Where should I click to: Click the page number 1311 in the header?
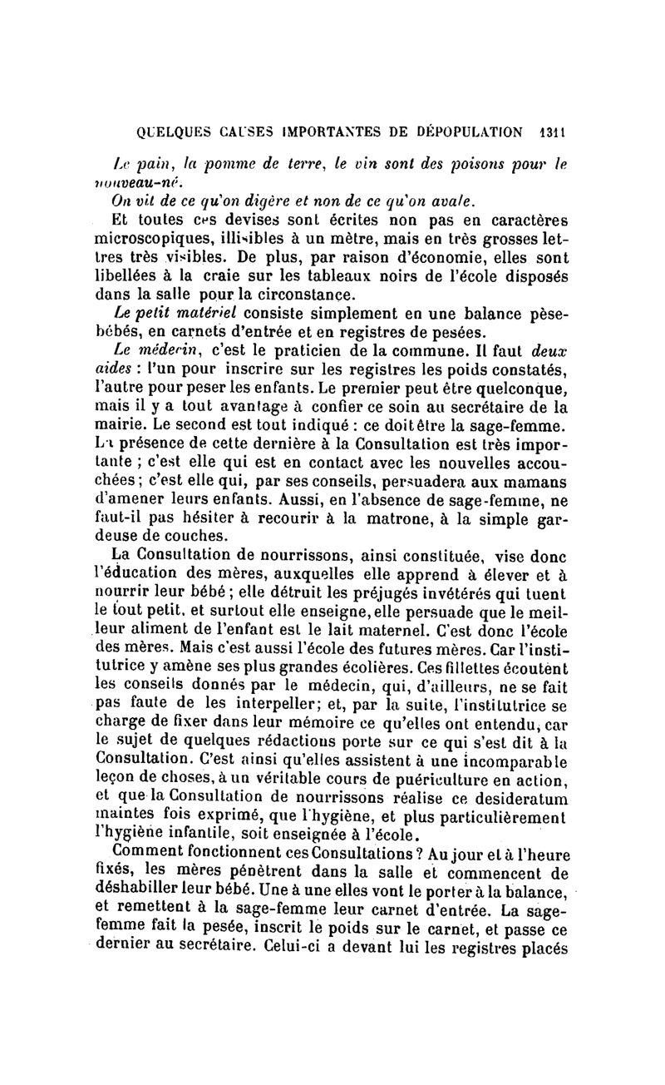(x=551, y=131)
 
